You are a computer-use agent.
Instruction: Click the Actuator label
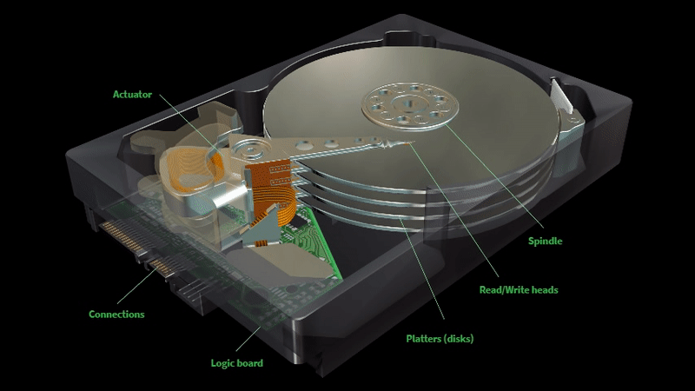coord(132,95)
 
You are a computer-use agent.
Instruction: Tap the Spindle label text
coord(545,242)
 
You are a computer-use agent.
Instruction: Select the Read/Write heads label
coord(519,290)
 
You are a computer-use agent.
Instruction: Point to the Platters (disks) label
coord(440,339)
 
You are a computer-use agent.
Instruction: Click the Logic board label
coord(236,363)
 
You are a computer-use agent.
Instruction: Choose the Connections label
coord(116,315)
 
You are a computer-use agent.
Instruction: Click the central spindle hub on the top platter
coord(409,105)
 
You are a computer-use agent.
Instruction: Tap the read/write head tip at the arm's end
coord(407,143)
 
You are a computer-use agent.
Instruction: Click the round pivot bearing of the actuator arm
coord(250,148)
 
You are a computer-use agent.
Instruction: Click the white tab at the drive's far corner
coord(559,95)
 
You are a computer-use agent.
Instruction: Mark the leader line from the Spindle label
coord(493,176)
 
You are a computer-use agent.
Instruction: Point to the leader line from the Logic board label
coord(248,339)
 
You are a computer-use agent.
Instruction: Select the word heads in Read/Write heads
coord(545,290)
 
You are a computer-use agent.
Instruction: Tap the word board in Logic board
coord(251,363)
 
